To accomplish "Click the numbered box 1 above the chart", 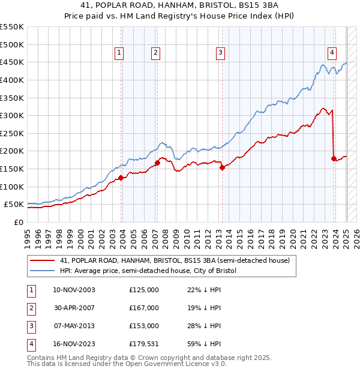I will coord(119,53).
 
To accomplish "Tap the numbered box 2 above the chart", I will coord(155,53).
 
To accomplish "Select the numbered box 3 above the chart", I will coord(220,53).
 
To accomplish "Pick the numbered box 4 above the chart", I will coord(332,53).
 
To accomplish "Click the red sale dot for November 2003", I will coord(121,177).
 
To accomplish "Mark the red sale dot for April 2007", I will coord(157,162).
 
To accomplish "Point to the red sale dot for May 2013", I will coord(222,167).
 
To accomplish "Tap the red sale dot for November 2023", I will coord(334,158).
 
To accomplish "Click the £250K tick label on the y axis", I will coord(11,133).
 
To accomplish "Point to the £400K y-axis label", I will coord(11,80).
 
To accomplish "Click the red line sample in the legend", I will coord(41,261).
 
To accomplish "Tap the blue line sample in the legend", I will coord(41,271).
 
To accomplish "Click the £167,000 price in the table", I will coord(144,307).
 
